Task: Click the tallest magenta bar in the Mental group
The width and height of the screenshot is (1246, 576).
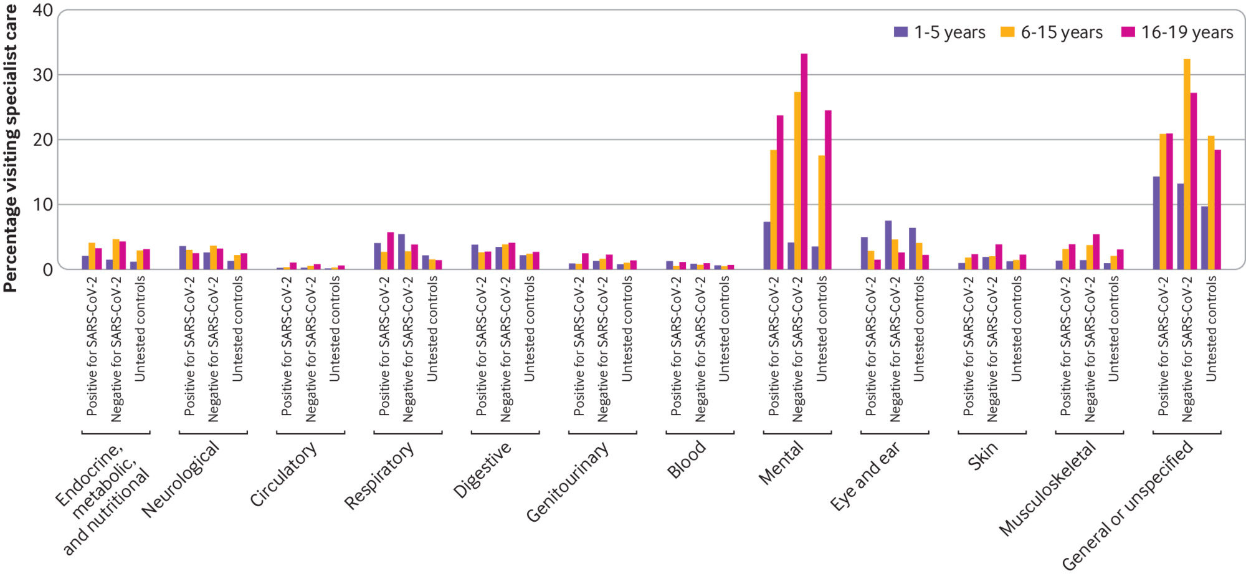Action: tap(804, 162)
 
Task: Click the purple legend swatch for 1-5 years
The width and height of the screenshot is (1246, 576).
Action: tap(900, 32)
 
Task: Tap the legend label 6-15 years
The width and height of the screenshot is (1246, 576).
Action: tap(1062, 32)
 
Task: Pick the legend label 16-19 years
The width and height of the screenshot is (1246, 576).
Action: tap(1187, 32)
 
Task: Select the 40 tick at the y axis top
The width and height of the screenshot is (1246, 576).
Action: tap(42, 11)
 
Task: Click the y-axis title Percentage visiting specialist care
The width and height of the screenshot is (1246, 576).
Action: tap(11, 148)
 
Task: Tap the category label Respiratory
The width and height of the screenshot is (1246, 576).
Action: tap(379, 476)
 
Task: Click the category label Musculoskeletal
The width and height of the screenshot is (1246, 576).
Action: tap(1048, 488)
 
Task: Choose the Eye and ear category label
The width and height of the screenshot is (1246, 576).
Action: tap(865, 476)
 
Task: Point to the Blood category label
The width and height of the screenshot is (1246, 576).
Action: tap(687, 459)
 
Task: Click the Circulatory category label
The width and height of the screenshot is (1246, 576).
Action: tap(283, 474)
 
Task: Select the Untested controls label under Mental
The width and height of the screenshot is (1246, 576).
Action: tap(822, 329)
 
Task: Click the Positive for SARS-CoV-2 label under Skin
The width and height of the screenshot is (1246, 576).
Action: tap(968, 346)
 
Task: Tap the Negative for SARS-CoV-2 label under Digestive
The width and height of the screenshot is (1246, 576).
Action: tap(505, 349)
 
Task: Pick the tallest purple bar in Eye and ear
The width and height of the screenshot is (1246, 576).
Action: tap(888, 245)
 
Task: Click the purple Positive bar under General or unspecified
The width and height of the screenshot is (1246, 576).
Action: tap(1156, 223)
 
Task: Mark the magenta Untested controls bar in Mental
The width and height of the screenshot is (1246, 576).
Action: tap(828, 190)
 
